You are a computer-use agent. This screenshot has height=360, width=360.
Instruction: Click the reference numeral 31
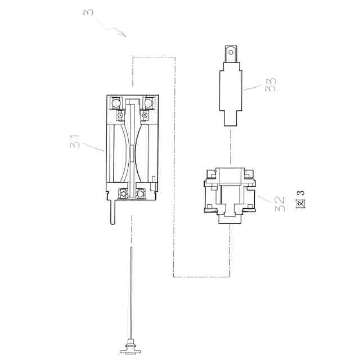pos(75,142)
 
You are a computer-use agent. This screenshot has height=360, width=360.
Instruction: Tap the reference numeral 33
pos(271,85)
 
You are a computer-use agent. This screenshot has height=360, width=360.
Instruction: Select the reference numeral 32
pos(280,204)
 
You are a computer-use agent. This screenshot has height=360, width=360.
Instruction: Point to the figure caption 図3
pos(300,199)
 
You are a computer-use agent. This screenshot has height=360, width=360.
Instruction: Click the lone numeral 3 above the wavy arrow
pos(88,12)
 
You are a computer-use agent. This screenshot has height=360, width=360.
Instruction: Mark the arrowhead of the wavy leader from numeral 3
pos(124,34)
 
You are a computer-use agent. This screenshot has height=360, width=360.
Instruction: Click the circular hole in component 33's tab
pos(231,52)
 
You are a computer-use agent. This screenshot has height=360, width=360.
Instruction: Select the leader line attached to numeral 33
pos(253,87)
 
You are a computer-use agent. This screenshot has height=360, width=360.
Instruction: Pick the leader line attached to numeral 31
pos(93,147)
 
